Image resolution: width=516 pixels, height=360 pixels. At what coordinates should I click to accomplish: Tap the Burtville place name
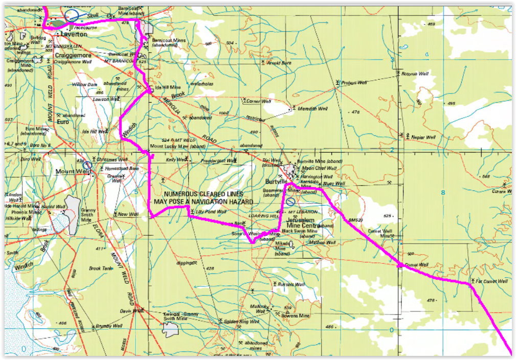[278, 182]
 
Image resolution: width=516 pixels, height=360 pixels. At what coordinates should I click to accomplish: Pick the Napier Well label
[423, 138]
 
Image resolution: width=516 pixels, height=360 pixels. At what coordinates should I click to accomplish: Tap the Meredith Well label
[311, 108]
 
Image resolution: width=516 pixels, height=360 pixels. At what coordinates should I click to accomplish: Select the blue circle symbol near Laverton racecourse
[72, 15]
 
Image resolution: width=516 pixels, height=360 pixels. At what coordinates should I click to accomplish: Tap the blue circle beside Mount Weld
[87, 165]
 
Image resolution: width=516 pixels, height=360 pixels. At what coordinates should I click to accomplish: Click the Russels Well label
[291, 284]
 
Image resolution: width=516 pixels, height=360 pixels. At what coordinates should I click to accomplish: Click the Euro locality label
[62, 122]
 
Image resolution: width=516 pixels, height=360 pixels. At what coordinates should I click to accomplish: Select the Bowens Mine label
[298, 316]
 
